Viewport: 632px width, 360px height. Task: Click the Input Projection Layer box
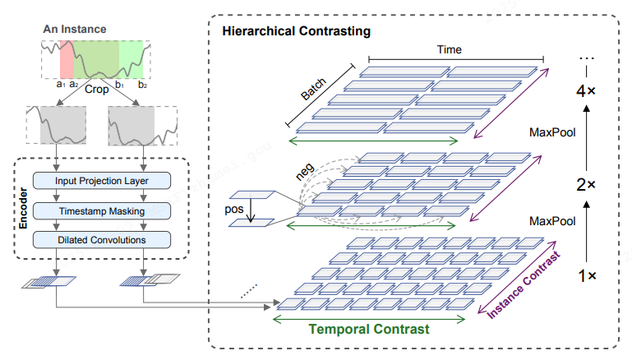pyautogui.click(x=101, y=180)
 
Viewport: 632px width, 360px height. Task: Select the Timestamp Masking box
pyautogui.click(x=101, y=210)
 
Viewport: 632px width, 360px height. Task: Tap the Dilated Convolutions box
pyautogui.click(x=101, y=240)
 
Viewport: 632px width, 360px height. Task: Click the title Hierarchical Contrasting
pyautogui.click(x=296, y=31)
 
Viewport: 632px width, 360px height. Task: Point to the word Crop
pyautogui.click(x=97, y=90)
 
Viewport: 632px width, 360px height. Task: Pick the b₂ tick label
pyautogui.click(x=142, y=83)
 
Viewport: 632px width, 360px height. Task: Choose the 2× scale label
pyautogui.click(x=585, y=185)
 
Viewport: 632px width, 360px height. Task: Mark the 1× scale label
pyautogui.click(x=585, y=277)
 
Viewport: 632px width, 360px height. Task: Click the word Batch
pyautogui.click(x=313, y=91)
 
